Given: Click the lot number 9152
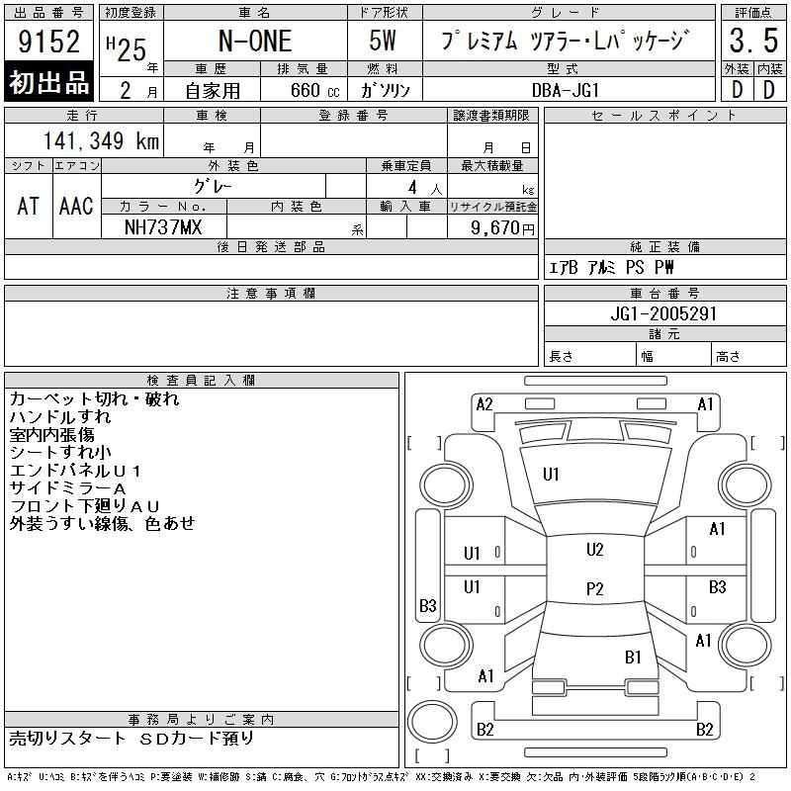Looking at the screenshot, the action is pos(48,42).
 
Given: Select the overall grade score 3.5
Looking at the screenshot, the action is pos(753,41).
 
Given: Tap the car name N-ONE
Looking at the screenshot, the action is pos(255,42).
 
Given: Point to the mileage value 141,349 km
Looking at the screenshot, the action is pos(101,140).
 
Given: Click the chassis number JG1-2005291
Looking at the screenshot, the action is pos(663,313).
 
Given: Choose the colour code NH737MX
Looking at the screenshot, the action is pos(163,227).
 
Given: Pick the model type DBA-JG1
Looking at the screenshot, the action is pos(565,90).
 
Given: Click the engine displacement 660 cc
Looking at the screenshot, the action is pos(314,90).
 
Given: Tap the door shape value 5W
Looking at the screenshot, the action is pos(383,41).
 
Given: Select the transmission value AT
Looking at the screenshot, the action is pos(28,206).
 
